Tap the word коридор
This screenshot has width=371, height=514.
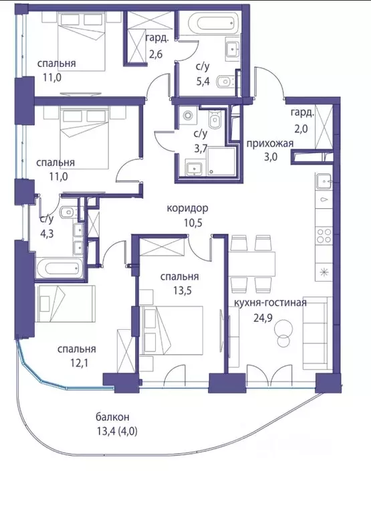coord(187,208)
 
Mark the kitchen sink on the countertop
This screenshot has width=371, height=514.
coord(324,180)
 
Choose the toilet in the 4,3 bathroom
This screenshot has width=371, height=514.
coord(67,213)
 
